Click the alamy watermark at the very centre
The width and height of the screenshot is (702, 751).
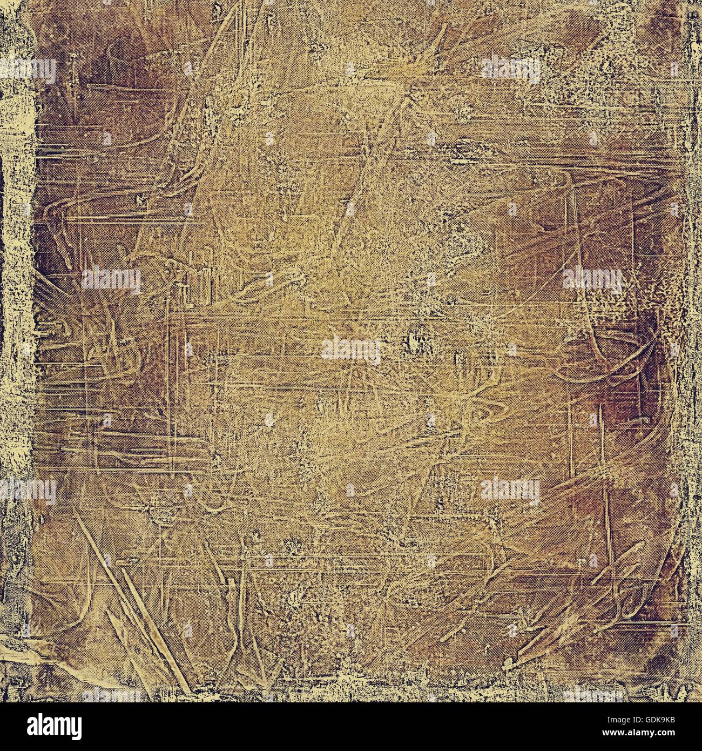pos(351,350)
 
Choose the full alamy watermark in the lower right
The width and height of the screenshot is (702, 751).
pos(510,491)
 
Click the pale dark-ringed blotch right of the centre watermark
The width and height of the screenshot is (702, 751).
pos(413,340)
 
